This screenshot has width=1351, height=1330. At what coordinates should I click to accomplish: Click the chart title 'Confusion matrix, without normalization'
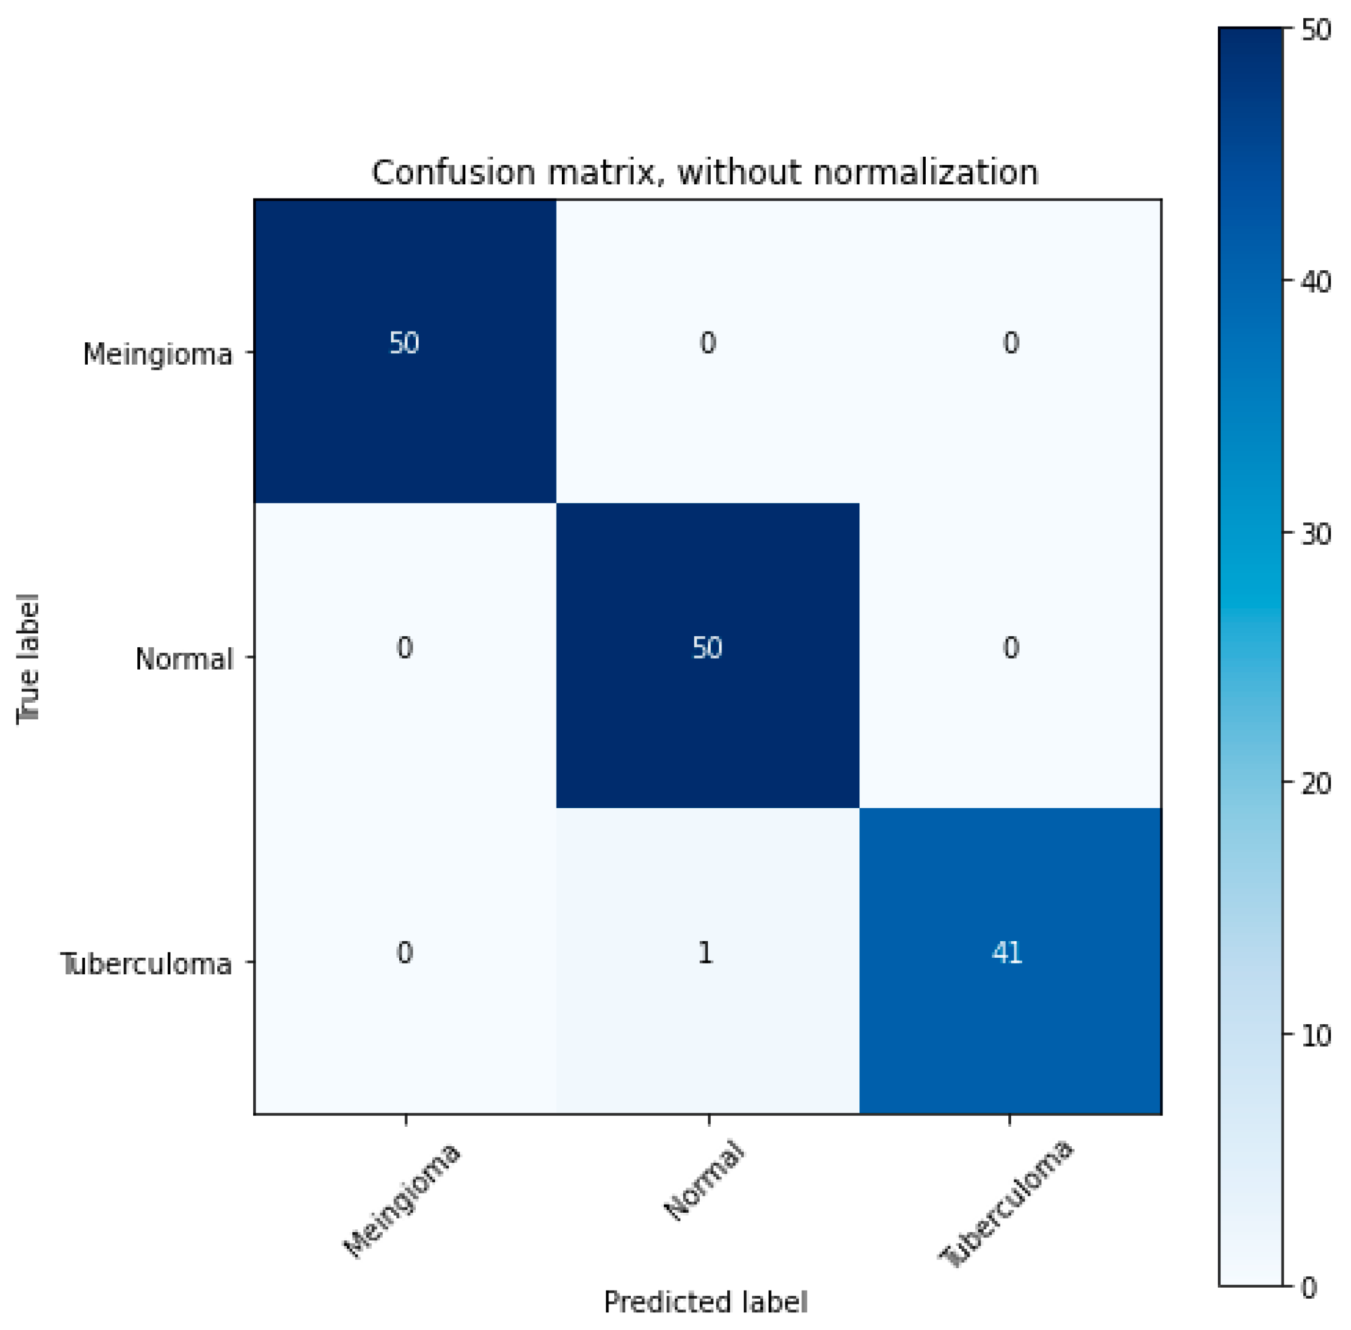704,173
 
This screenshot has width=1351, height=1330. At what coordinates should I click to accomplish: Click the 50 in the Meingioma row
404,343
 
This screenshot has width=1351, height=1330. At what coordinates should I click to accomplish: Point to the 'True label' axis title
28,659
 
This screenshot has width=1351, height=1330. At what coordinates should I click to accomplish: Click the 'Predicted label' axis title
705,1302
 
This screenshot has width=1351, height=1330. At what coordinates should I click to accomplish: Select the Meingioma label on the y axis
157,354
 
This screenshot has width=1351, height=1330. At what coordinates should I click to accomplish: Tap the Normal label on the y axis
184,659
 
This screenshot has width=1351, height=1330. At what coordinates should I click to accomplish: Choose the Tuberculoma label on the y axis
147,964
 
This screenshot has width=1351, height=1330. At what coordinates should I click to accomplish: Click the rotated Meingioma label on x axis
402,1201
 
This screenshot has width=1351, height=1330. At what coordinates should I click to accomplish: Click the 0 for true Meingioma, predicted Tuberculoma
1011,343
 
